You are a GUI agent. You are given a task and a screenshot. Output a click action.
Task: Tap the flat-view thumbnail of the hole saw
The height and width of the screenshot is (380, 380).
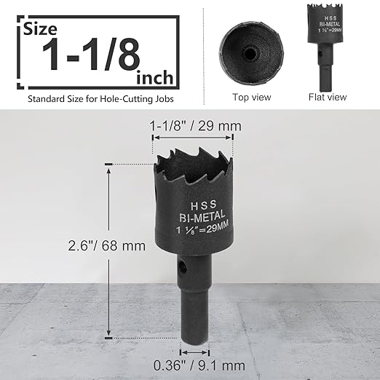point(326,44)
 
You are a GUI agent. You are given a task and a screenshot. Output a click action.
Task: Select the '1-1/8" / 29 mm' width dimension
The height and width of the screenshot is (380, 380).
point(195,126)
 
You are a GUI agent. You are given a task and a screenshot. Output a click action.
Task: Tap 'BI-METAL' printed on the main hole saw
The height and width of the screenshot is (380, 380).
point(195,217)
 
